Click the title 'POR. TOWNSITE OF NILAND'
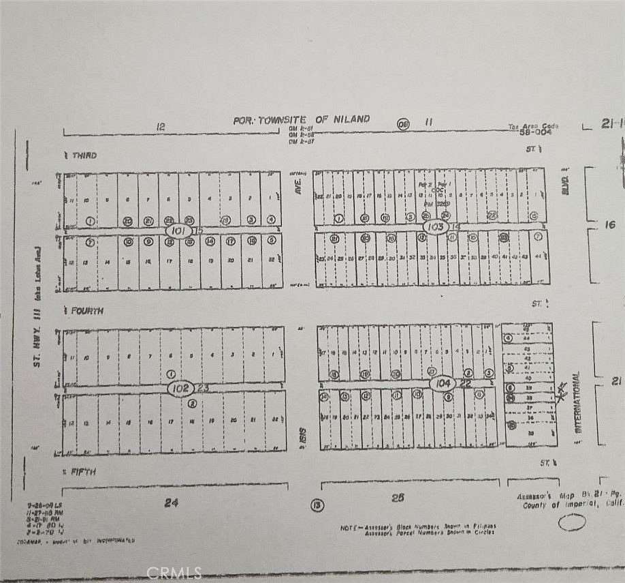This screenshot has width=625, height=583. (301, 119)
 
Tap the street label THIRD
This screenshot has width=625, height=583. (84, 155)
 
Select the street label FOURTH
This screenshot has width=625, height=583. (86, 311)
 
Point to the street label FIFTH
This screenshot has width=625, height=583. (83, 472)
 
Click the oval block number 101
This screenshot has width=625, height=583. (178, 231)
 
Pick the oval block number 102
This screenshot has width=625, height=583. (180, 388)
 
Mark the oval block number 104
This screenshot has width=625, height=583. (444, 384)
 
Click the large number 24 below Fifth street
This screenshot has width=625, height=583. (171, 503)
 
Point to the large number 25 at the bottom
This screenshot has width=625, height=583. (397, 498)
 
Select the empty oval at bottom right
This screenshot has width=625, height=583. (572, 523)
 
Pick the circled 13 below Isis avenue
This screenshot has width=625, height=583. (316, 505)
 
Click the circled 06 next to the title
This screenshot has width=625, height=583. (404, 123)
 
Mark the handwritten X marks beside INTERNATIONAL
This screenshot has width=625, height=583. (561, 391)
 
